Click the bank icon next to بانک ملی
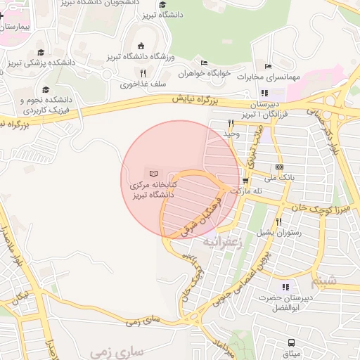pos(279,167)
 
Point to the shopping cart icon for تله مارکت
pos(245,179)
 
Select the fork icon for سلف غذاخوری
pos(143,73)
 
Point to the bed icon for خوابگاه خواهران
pos(204,63)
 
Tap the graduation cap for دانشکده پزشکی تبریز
pos(41,53)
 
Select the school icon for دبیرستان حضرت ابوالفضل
pos(285,287)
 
